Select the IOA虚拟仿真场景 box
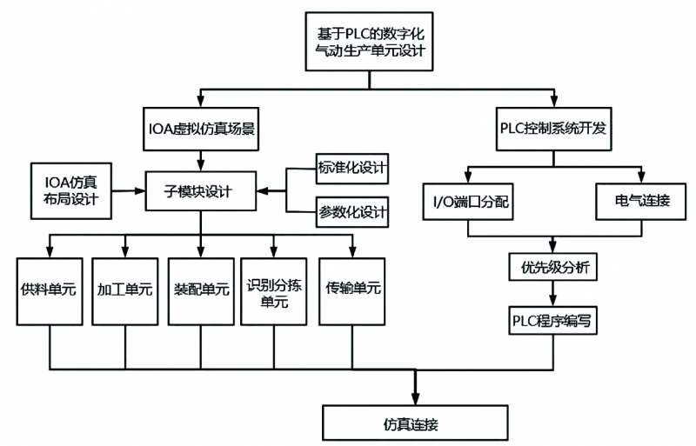201,127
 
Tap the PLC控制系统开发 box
554,127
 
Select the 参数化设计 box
350,210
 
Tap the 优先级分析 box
554,267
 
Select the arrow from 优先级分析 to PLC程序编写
554,293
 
